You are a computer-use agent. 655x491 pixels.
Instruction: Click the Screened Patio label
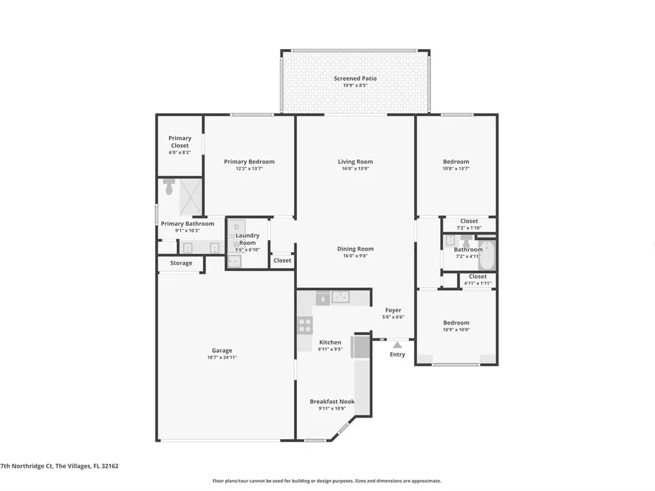pyautogui.click(x=355, y=79)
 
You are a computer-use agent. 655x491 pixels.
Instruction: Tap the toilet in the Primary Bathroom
pyautogui.click(x=169, y=187)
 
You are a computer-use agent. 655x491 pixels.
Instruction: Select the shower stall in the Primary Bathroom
pyautogui.click(x=191, y=197)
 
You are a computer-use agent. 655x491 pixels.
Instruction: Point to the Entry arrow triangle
pyautogui.click(x=398, y=345)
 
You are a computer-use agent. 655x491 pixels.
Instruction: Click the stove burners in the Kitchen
pyautogui.click(x=305, y=325)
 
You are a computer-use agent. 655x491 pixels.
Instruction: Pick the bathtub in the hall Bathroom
pyautogui.click(x=487, y=255)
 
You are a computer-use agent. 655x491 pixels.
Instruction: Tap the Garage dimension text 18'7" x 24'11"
pyautogui.click(x=222, y=357)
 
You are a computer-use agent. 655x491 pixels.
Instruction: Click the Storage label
pyautogui.click(x=181, y=263)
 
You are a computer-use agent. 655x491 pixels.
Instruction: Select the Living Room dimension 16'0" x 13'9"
pyautogui.click(x=355, y=169)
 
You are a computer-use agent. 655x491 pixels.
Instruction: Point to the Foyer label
pyautogui.click(x=393, y=310)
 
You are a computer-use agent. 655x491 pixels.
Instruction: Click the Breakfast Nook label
pyautogui.click(x=332, y=402)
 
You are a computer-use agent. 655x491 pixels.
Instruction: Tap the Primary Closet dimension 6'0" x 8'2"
pyautogui.click(x=179, y=153)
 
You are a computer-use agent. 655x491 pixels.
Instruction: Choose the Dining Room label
pyautogui.click(x=356, y=249)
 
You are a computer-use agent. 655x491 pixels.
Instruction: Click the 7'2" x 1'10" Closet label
pyautogui.click(x=469, y=221)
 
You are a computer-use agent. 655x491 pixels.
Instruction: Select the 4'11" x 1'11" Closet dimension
pyautogui.click(x=477, y=283)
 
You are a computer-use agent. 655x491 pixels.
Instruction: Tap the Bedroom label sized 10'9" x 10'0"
pyautogui.click(x=456, y=323)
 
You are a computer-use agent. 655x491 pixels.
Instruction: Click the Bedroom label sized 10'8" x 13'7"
pyautogui.click(x=456, y=162)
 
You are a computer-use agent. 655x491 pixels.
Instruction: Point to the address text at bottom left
pyautogui.click(x=60, y=466)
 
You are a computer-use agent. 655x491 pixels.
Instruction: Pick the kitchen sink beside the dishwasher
pyautogui.click(x=341, y=297)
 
